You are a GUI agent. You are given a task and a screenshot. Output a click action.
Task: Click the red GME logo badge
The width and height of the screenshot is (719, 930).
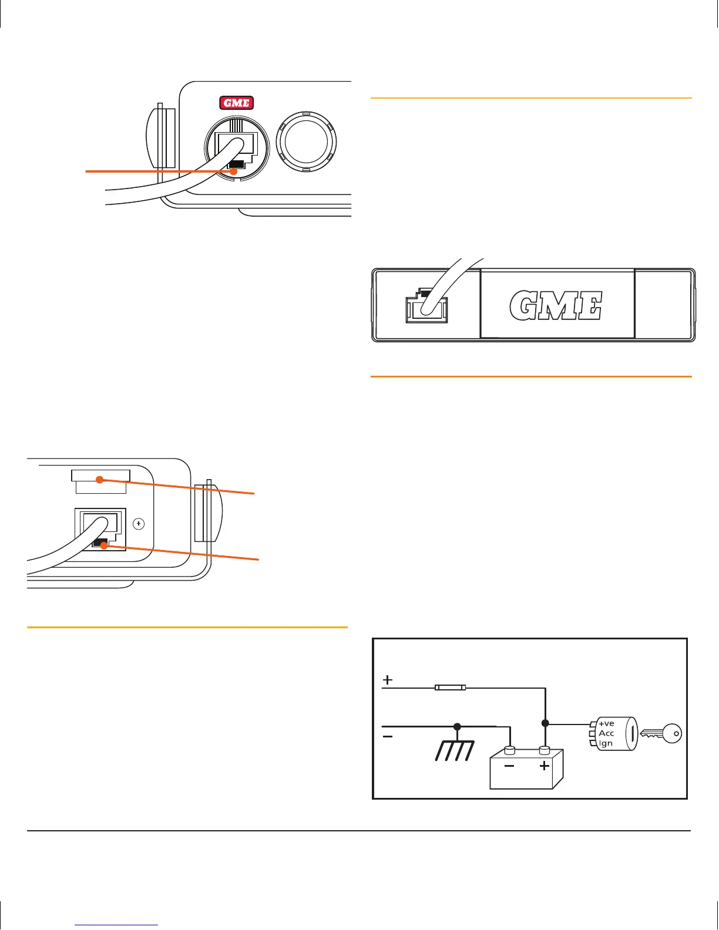coord(236,103)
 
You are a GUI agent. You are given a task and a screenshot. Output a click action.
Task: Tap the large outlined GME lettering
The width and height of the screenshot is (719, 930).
coord(556,306)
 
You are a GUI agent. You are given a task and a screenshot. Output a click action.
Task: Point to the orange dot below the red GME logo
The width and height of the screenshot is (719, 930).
coord(234,171)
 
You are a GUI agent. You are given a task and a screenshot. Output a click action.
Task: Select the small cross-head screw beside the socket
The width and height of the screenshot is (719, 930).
coord(139,523)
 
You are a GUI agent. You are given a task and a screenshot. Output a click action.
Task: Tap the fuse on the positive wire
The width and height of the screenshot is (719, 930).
coord(450,687)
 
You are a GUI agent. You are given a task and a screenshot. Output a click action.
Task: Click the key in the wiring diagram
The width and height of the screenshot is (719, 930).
coord(661,733)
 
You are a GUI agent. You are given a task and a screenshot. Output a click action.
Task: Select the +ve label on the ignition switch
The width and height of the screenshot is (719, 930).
coord(606,723)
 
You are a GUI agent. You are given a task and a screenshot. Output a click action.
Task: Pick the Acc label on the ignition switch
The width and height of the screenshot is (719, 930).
coord(606,733)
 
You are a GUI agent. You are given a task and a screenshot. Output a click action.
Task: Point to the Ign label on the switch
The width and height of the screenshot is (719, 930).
coord(606,743)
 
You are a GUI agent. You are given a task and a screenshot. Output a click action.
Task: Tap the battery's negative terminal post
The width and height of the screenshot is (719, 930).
coord(510,750)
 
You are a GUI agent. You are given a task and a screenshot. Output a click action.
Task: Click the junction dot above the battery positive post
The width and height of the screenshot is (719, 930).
coord(545,723)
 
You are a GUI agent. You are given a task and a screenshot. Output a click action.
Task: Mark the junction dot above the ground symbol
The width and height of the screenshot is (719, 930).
coord(457,727)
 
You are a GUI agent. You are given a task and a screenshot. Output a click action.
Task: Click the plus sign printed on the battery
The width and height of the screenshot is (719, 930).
coord(545,766)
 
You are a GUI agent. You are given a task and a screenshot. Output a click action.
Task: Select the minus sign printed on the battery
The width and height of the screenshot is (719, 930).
coord(509,766)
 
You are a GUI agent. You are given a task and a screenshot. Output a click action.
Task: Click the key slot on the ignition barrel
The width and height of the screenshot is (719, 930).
coord(630,733)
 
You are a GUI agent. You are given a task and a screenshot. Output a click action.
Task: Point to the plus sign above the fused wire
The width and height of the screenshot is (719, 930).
coord(388,680)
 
